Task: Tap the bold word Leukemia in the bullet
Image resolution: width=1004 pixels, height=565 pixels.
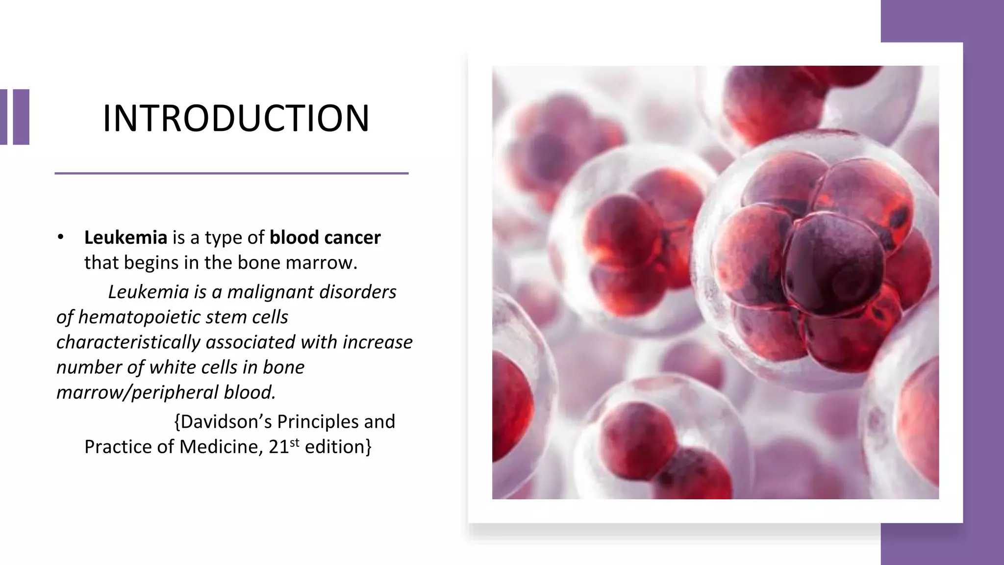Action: (x=125, y=237)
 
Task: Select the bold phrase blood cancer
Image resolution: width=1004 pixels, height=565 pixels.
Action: (x=325, y=237)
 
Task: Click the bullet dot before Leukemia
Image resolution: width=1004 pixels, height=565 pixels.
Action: (x=60, y=237)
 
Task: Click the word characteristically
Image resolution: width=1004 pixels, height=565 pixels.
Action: (x=128, y=342)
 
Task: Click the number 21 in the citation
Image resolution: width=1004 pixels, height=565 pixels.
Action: (x=279, y=447)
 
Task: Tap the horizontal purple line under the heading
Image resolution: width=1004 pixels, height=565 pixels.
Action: (x=231, y=173)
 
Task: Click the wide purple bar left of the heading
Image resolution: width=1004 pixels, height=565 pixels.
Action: (x=21, y=117)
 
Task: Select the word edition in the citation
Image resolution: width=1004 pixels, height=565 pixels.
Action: (x=334, y=447)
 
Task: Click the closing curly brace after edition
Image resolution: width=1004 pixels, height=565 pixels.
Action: (x=369, y=447)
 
